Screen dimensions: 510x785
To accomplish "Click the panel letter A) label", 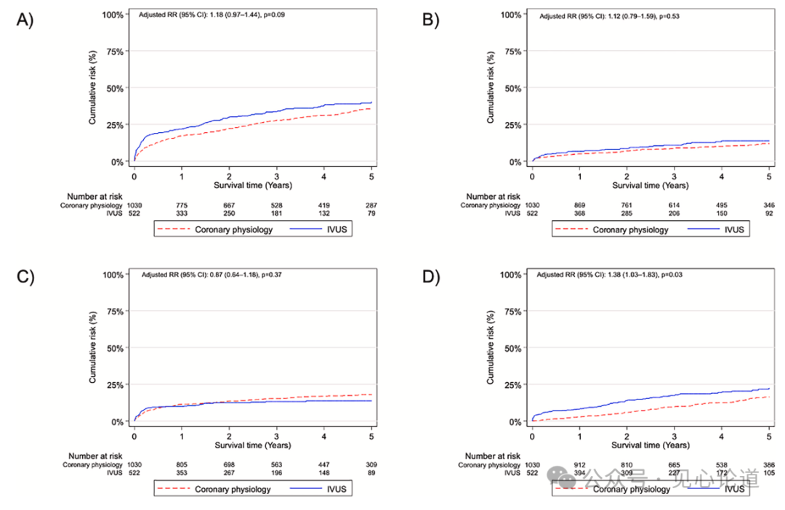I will coord(26,20).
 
